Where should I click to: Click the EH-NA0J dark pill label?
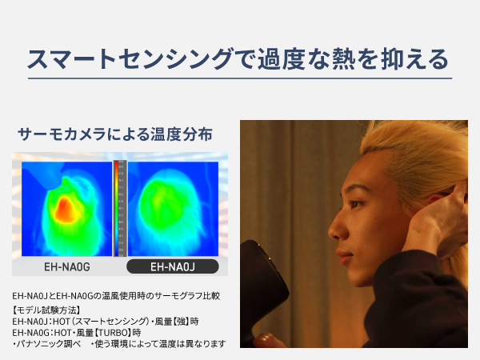(173, 266)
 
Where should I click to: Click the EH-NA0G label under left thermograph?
(67, 267)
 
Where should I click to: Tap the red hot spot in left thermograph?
(66, 210)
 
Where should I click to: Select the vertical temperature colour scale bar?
(121, 208)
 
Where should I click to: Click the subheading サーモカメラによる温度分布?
(115, 134)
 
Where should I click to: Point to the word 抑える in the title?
(415, 58)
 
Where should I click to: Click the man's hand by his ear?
(438, 221)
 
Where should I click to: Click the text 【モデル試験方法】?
(46, 310)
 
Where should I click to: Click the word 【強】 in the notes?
(182, 322)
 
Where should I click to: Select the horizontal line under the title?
(240, 78)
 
